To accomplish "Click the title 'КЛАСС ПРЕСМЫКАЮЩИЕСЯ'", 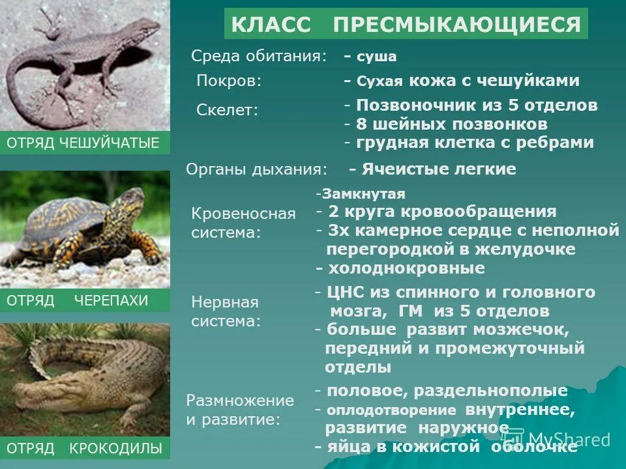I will [406, 25].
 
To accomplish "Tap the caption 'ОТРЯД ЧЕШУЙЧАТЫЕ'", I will [83, 143].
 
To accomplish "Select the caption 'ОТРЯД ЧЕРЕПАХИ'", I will [78, 300].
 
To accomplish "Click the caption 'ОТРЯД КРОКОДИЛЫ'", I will [83, 448].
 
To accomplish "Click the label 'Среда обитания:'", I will [259, 56].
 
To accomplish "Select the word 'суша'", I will [376, 57].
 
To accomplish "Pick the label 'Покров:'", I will [229, 81].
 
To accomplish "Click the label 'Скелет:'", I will [228, 110].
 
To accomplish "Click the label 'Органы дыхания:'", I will [257, 169].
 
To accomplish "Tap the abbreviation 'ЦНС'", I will [344, 292].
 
